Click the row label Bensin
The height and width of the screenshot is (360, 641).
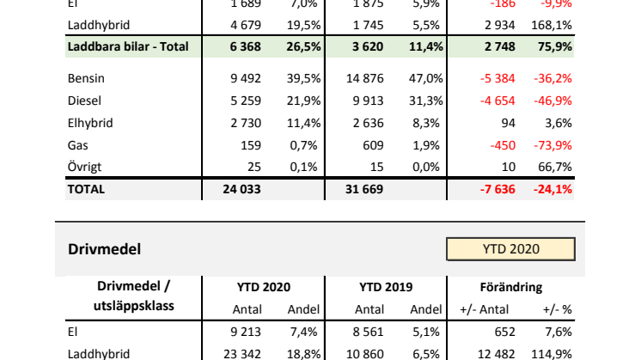(x=86, y=79)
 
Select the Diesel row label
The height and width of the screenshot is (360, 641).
(x=84, y=101)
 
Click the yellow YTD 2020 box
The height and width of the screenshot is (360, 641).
(x=510, y=249)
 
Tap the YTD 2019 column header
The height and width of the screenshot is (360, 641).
(x=388, y=288)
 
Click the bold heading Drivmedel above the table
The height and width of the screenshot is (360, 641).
(x=104, y=249)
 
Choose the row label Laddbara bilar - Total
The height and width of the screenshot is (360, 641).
(x=126, y=45)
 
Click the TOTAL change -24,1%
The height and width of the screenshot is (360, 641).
(x=554, y=189)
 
